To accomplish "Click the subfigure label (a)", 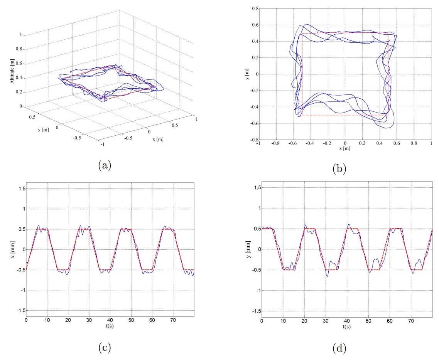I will [x=105, y=165].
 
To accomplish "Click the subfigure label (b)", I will [x=340, y=168].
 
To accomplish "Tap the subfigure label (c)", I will [x=105, y=348].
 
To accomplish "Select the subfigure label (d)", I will [x=340, y=349].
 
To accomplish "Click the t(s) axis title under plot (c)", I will [x=110, y=326].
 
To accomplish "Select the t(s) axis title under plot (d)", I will [x=346, y=326].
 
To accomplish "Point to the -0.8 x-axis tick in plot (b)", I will [x=275, y=143].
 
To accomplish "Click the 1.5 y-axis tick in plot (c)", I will [x=21, y=188].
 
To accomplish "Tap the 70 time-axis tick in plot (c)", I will [x=173, y=320].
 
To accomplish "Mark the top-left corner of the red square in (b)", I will [x=302, y=34].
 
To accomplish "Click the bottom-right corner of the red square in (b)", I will [x=388, y=115].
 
